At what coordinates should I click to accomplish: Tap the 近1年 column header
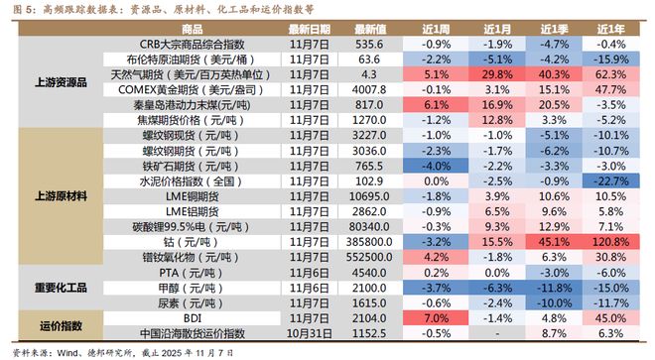[614, 30]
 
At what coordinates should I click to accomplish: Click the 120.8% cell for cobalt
[614, 240]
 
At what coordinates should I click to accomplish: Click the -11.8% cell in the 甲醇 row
[555, 287]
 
